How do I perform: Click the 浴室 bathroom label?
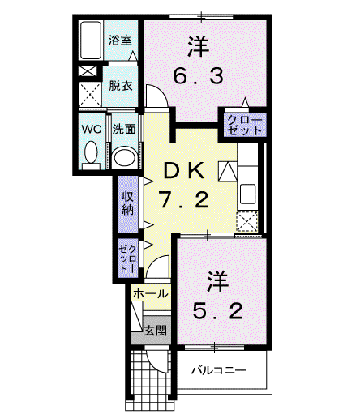pyautogui.click(x=120, y=41)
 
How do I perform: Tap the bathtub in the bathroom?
pyautogui.click(x=91, y=41)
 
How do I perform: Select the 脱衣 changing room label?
pyautogui.click(x=121, y=86)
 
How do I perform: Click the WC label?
pyautogui.click(x=92, y=129)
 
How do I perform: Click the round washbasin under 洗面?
pyautogui.click(x=125, y=157)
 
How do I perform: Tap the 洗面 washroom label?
pyautogui.click(x=124, y=130)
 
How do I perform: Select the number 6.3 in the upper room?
pyautogui.click(x=199, y=76)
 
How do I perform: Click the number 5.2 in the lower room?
pyautogui.click(x=217, y=311)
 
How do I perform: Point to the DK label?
pyautogui.click(x=184, y=172)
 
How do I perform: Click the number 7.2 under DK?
pyautogui.click(x=184, y=199)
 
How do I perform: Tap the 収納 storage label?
pyautogui.click(x=127, y=203)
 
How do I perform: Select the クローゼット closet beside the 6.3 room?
pyautogui.click(x=245, y=126)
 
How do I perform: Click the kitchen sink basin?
pyautogui.click(x=247, y=194)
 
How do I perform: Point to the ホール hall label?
pyautogui.click(x=151, y=293)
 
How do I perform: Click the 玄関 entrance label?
pyautogui.click(x=155, y=331)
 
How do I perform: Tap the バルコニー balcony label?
pyautogui.click(x=219, y=369)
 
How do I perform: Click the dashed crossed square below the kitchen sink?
pyautogui.click(x=247, y=222)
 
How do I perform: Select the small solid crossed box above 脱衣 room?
pyautogui.click(x=88, y=71)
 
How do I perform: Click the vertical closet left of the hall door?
pyautogui.click(x=128, y=258)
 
